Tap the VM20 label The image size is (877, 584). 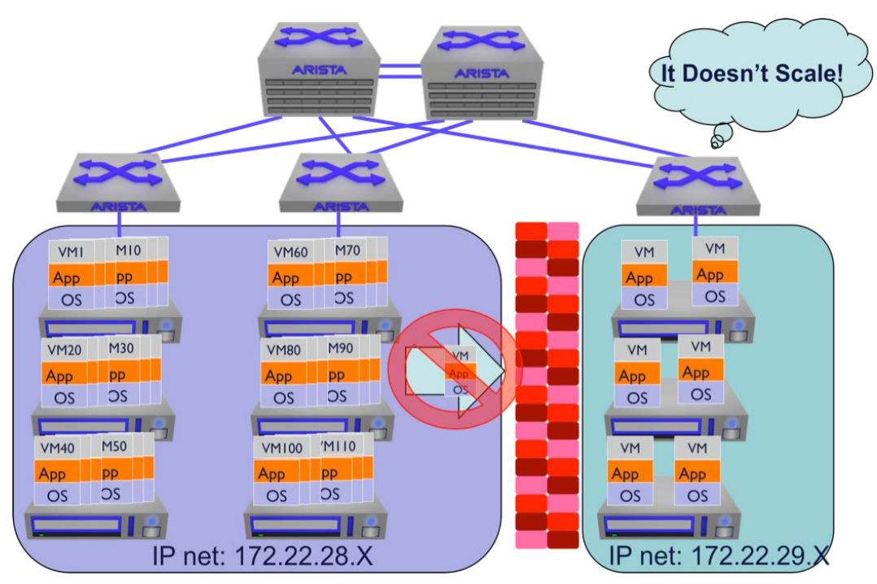click(x=65, y=351)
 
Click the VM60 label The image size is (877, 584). click(x=290, y=253)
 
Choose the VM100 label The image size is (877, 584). click(x=277, y=449)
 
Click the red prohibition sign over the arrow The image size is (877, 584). click(x=453, y=372)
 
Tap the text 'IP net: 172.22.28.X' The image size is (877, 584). click(x=259, y=558)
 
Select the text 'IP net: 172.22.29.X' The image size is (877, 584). click(x=719, y=558)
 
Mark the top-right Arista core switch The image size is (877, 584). click(x=481, y=77)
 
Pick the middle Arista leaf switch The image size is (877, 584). click(x=337, y=183)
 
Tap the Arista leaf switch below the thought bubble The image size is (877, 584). click(x=696, y=187)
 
